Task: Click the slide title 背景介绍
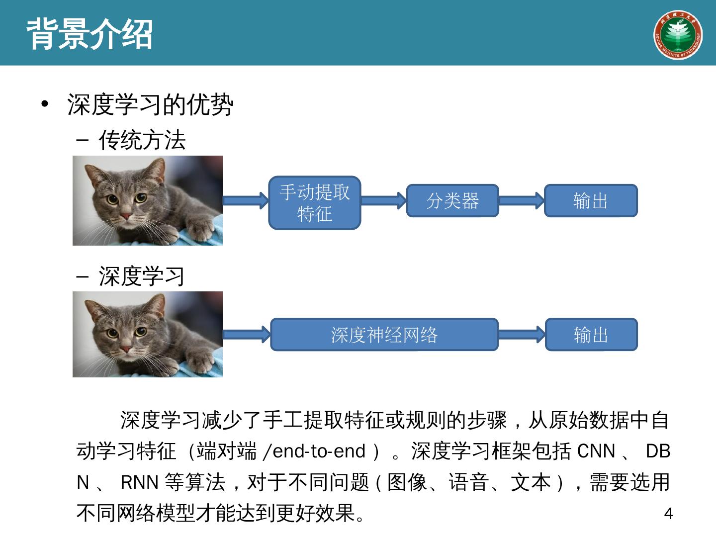point(89,34)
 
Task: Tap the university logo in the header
point(677,34)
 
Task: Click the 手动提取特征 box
point(314,203)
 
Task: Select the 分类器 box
point(452,201)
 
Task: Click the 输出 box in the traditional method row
point(591,201)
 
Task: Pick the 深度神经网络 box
point(384,335)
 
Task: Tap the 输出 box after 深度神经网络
point(591,335)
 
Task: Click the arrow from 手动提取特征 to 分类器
point(383,201)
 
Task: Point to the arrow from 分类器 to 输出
point(521,201)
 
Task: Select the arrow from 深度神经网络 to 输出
point(522,335)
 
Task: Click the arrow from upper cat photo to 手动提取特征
point(246,201)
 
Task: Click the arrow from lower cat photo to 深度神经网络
point(246,335)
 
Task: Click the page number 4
point(668,514)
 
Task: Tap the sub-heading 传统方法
point(142,140)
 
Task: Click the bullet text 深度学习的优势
point(150,105)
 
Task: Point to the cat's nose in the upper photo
point(126,217)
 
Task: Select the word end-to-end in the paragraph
point(320,451)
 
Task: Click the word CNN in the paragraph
point(596,451)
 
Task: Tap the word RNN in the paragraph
point(139,482)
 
